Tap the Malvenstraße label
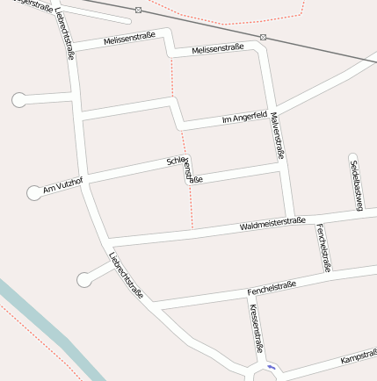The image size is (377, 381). (279, 134)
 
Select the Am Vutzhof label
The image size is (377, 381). (62, 184)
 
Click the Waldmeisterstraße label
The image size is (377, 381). (272, 224)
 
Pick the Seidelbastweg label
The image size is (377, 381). (355, 186)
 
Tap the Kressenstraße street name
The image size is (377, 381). (255, 327)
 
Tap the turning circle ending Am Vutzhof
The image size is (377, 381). (35, 192)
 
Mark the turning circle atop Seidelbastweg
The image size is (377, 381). (353, 158)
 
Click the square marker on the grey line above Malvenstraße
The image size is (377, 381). (264, 37)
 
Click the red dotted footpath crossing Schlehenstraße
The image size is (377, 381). (187, 176)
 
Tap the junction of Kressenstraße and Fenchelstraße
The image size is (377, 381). (247, 296)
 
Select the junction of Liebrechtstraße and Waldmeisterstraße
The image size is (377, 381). (110, 243)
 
